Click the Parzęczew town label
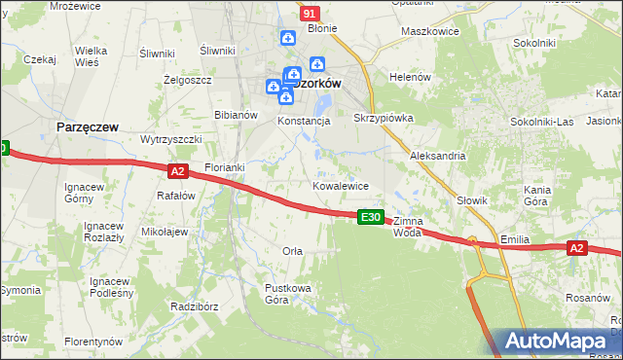(87, 127)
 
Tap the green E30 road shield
(369, 217)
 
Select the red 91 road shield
(310, 14)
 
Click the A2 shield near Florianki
(176, 171)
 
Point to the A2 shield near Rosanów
(576, 249)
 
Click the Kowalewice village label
(340, 185)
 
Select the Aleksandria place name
(438, 156)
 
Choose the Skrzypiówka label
(384, 118)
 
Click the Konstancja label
(305, 122)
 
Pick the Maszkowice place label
(430, 31)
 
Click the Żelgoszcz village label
(188, 80)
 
